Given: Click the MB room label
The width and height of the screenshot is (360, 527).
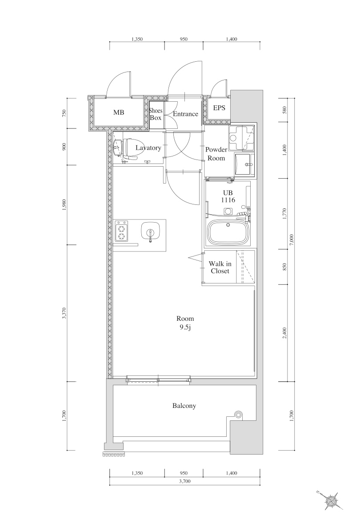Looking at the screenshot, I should point(118,112).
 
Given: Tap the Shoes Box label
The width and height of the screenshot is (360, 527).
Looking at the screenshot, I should point(156,114).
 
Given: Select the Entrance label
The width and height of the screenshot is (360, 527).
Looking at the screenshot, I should point(185,114).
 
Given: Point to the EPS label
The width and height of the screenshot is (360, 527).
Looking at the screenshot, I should point(219,108).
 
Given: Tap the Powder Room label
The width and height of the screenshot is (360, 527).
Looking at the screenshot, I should point(216,154).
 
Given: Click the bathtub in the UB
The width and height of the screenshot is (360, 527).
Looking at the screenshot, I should point(228,232).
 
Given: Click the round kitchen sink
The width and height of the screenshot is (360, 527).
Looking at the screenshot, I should point(150,231).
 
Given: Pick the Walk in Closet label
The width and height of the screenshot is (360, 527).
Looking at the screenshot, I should point(220,267).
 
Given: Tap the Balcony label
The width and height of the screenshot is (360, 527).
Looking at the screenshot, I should point(184,406).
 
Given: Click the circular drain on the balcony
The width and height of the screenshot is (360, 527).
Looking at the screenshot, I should point(239,415).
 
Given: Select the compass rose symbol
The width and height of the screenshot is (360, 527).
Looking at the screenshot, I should point(332,500).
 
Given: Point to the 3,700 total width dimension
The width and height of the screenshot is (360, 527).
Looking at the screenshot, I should point(185,481).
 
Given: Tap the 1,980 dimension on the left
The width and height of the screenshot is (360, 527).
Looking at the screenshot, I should point(64,205).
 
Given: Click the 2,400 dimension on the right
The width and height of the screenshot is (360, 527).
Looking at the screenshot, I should point(284,333).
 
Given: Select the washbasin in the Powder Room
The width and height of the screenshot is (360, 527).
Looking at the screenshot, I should point(242,165).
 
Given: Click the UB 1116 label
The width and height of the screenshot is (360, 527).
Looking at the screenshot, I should point(228,197).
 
